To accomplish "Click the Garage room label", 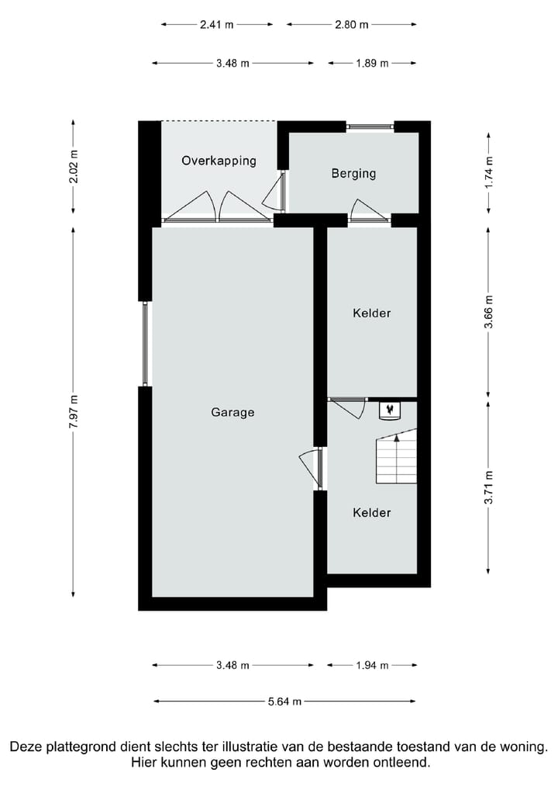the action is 232,412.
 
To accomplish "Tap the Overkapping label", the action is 219,161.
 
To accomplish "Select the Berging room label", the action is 353,173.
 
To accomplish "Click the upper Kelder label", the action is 372,313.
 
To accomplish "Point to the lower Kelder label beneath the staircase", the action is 372,512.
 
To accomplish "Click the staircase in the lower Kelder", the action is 397,456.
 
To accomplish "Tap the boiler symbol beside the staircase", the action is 390,410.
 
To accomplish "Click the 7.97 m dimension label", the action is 74,411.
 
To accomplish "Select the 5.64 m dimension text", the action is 284,702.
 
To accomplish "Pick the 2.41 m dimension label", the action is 217,24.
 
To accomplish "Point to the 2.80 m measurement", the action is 352,24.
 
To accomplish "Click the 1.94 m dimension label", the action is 372,665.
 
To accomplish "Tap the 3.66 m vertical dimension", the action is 488,312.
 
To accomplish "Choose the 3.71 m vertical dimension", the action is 488,487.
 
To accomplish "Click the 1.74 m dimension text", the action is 488,172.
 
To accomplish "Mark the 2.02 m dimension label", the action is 74,167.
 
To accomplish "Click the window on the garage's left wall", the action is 146,344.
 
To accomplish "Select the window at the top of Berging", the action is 370,126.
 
